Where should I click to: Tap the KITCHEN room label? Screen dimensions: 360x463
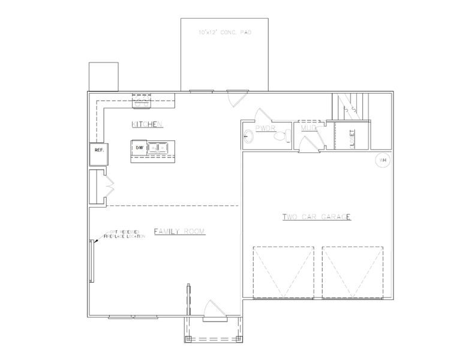[x=148, y=124]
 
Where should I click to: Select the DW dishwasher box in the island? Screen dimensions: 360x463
[x=139, y=147]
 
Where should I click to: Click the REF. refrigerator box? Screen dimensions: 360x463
[x=98, y=151]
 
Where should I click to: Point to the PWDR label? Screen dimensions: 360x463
[x=264, y=128]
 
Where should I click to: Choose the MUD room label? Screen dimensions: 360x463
[x=308, y=128]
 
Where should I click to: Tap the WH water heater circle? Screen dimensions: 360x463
[x=382, y=160]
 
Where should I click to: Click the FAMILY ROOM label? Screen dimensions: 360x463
[x=179, y=231]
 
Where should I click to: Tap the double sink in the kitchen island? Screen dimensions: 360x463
[x=159, y=146]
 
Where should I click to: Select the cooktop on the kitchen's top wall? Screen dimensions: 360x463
[x=142, y=103]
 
